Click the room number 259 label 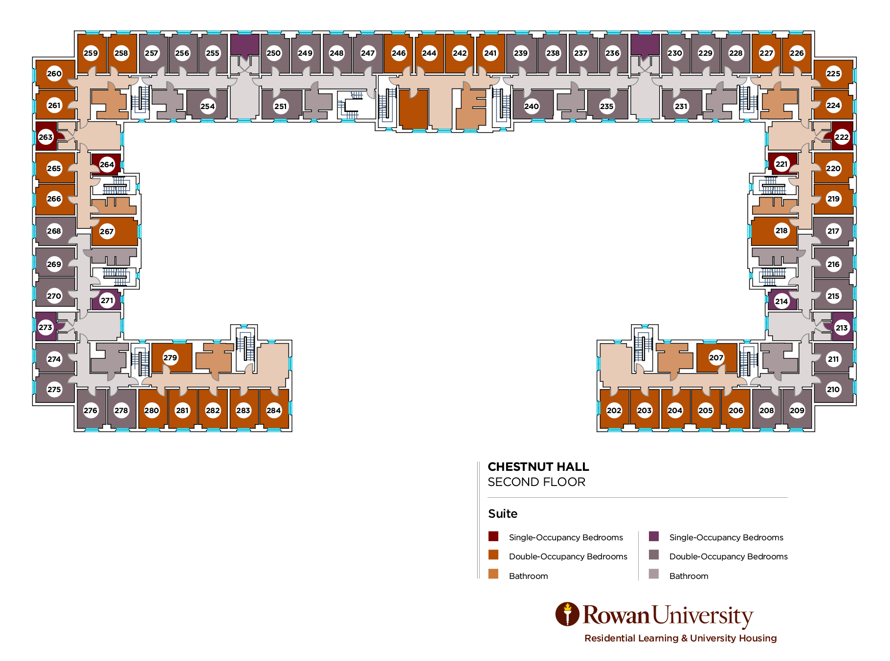[90, 53]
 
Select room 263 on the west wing [45, 137]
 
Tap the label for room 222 [842, 137]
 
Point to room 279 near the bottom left [170, 357]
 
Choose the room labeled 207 [716, 357]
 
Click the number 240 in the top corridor [532, 106]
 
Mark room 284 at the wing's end [274, 410]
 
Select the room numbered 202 [614, 410]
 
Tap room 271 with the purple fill [107, 301]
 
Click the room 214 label [781, 301]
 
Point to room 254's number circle [208, 106]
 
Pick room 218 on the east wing [781, 231]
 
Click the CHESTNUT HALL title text [538, 467]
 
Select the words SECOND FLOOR [536, 482]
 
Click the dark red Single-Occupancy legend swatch [493, 536]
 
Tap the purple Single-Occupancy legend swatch [654, 536]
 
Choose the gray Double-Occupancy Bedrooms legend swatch [654, 555]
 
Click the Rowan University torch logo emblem [567, 614]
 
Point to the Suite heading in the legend [502, 514]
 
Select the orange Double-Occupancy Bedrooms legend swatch [493, 555]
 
